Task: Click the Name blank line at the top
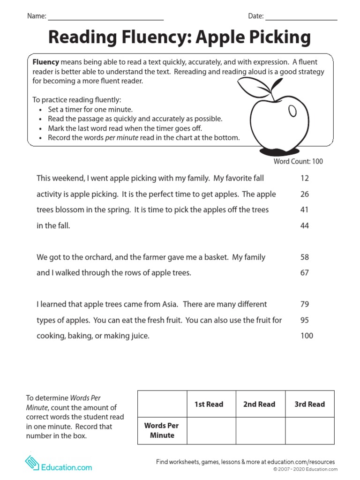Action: pyautogui.click(x=105, y=19)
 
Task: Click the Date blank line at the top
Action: pyautogui.click(x=301, y=19)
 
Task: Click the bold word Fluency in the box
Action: pyautogui.click(x=45, y=62)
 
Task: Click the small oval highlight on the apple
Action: pyautogui.click(x=292, y=111)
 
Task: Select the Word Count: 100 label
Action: pyautogui.click(x=298, y=161)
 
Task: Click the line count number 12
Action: pyautogui.click(x=304, y=179)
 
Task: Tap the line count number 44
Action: pyautogui.click(x=304, y=226)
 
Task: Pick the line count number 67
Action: pyautogui.click(x=304, y=273)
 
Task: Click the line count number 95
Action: pyautogui.click(x=304, y=321)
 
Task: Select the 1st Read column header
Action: pyautogui.click(x=209, y=404)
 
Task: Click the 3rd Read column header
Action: pyautogui.click(x=309, y=404)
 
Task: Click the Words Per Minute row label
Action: pyautogui.click(x=162, y=430)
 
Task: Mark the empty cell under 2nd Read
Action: pyautogui.click(x=260, y=430)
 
